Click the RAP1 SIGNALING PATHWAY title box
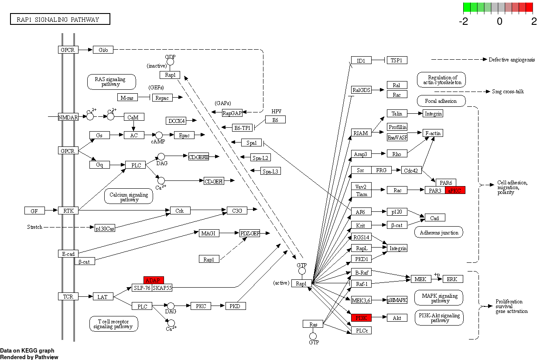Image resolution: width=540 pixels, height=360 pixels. coord(60,19)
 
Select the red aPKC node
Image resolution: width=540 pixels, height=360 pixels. coord(455,190)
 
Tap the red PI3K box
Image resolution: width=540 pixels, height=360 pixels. coord(361,318)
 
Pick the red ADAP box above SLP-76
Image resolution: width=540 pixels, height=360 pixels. coord(154,280)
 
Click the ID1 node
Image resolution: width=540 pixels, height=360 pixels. coord(361,60)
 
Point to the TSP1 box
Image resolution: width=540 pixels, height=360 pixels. coord(397,60)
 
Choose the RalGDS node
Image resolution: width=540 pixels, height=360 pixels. coord(361,90)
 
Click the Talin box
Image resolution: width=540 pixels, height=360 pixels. coord(397,113)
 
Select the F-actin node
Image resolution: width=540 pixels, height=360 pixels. coord(433,132)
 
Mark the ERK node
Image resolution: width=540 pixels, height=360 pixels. coord(453,278)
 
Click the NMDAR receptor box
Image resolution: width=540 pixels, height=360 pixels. coord(68,117)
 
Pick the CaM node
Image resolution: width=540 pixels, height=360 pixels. coord(134,117)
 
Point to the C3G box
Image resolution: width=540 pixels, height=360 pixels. coord(237,211)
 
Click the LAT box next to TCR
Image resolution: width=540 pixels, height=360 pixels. coord(103,297)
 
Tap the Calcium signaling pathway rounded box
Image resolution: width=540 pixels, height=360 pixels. coord(129,197)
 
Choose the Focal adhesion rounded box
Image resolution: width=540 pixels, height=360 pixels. coord(441,101)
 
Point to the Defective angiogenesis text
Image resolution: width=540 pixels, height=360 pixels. coord(511,60)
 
